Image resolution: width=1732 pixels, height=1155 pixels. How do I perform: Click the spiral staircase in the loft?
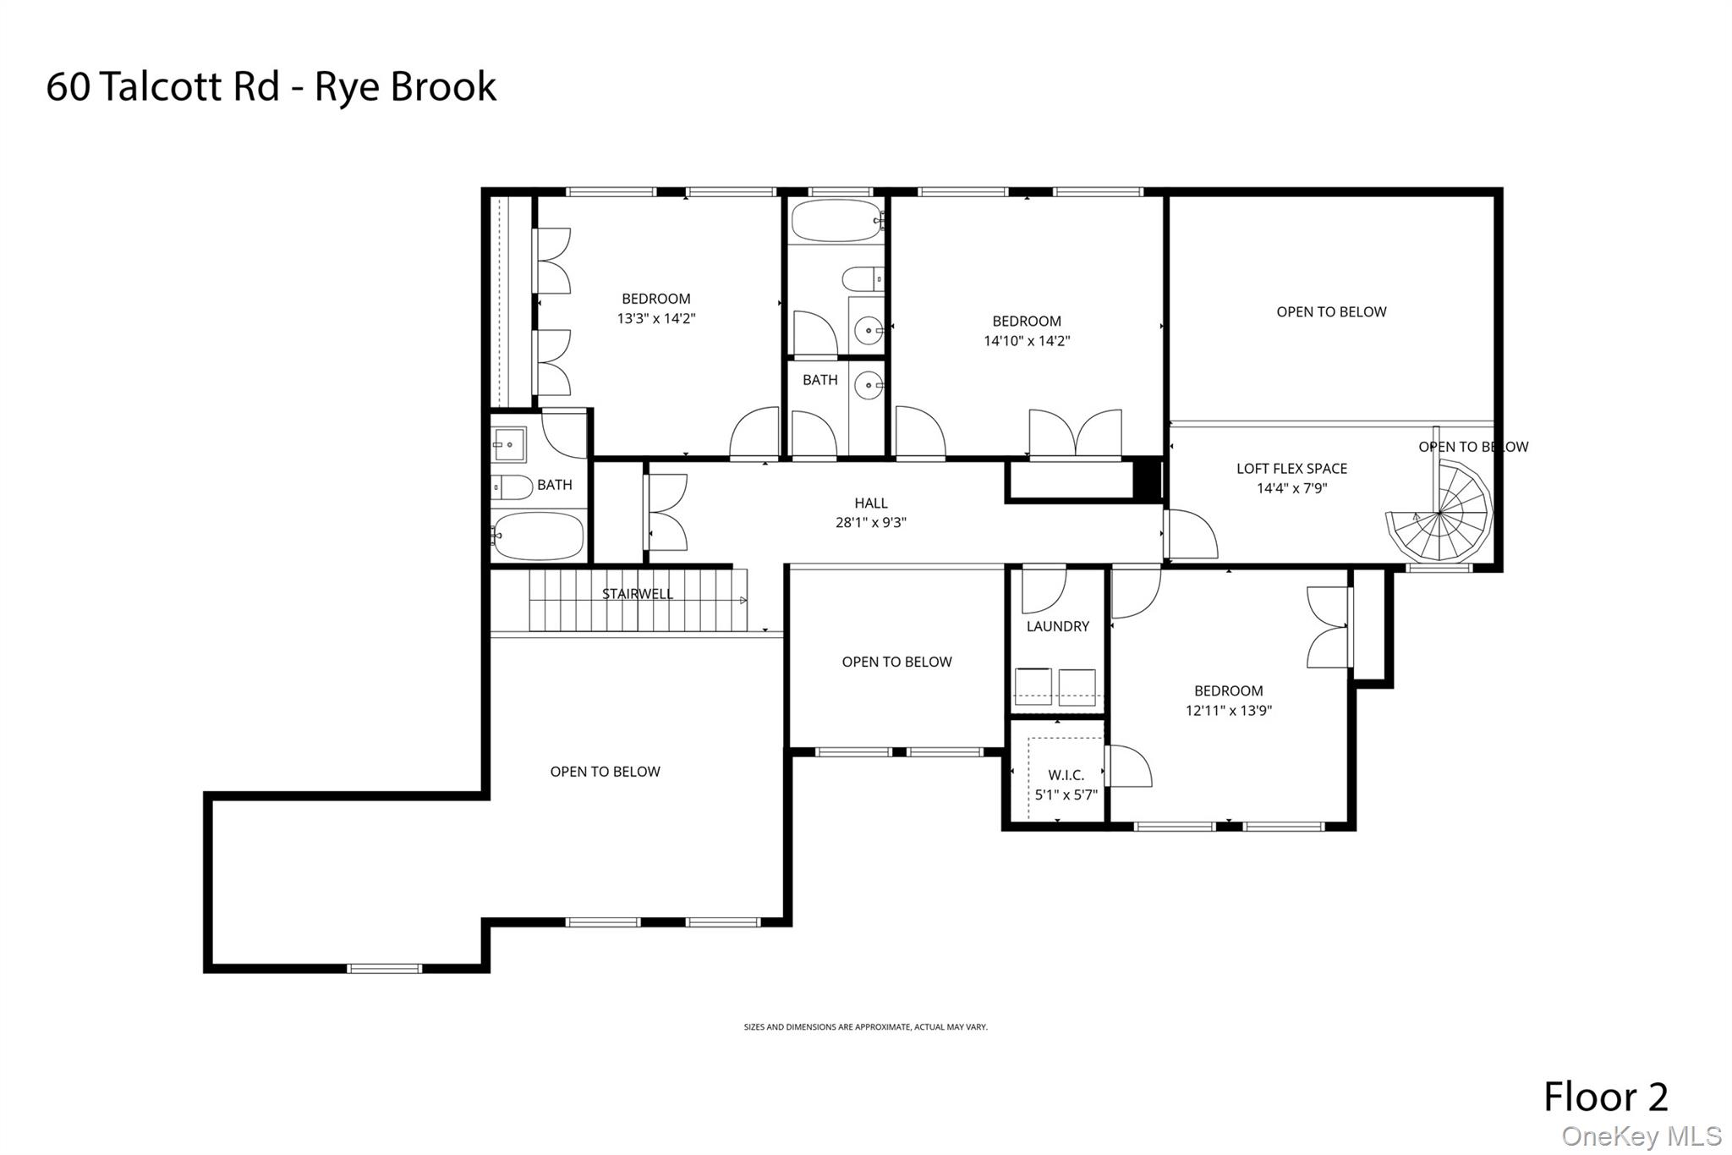[1439, 513]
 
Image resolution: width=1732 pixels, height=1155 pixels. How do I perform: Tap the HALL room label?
[870, 503]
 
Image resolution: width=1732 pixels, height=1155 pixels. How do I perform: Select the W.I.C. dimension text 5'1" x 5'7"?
[1066, 795]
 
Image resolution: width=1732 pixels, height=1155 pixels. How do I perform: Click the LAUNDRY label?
[1057, 627]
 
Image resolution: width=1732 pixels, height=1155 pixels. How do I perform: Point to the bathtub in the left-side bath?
[539, 536]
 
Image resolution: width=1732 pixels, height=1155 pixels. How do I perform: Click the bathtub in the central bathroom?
[836, 221]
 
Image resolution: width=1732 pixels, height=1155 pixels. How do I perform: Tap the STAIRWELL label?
[637, 594]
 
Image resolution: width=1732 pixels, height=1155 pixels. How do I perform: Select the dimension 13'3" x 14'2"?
[655, 319]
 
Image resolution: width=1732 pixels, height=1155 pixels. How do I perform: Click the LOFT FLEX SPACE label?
[1291, 469]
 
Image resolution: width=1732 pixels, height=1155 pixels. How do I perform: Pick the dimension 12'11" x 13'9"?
[1228, 712]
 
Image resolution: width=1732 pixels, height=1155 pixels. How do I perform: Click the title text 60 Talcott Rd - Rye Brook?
[271, 87]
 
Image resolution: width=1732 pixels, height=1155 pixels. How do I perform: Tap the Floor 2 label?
[1605, 1097]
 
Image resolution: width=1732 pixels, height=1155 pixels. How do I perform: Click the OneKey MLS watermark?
[1641, 1136]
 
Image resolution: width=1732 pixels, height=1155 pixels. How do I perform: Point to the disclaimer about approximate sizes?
[865, 1027]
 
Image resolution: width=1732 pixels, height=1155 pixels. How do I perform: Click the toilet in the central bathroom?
[863, 278]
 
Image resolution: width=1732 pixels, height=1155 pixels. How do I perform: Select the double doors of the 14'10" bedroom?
[1075, 434]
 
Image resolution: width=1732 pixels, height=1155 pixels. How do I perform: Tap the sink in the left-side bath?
[509, 444]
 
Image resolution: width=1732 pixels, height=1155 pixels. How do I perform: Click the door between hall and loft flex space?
[1191, 535]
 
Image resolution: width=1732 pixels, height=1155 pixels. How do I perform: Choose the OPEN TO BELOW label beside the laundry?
[896, 663]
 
